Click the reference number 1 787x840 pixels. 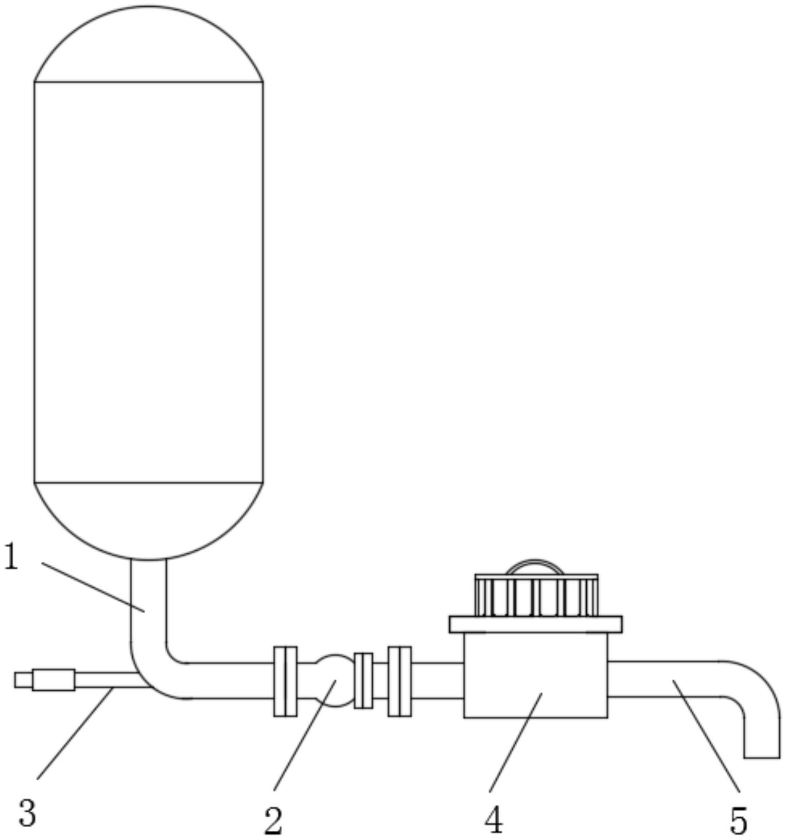coord(11,557)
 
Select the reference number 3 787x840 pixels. coord(27,813)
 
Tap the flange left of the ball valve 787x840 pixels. coord(285,681)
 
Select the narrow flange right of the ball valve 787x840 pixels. coord(363,680)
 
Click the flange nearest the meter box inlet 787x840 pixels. coord(399,681)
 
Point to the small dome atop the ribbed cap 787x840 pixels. coord(535,567)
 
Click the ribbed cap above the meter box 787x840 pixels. coord(536,596)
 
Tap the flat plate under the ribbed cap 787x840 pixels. coord(535,624)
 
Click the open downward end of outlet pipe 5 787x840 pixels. coord(762,756)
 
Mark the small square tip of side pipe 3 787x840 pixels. coord(23,679)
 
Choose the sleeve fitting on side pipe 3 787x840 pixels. coord(54,679)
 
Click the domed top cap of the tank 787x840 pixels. coord(148,44)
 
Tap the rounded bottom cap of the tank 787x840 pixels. coord(148,520)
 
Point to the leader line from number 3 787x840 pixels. coord(75,733)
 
